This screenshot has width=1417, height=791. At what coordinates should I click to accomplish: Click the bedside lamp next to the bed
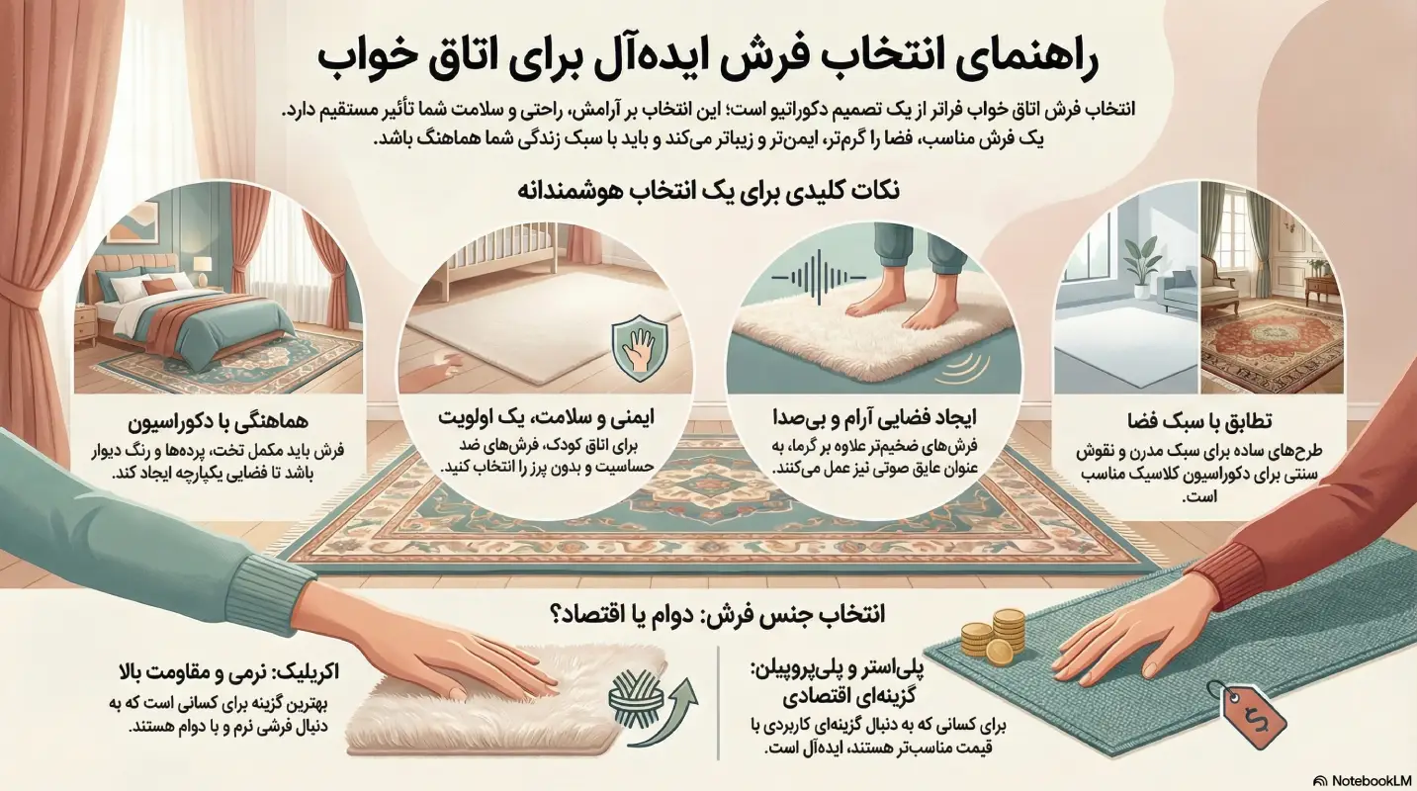[203, 267]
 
